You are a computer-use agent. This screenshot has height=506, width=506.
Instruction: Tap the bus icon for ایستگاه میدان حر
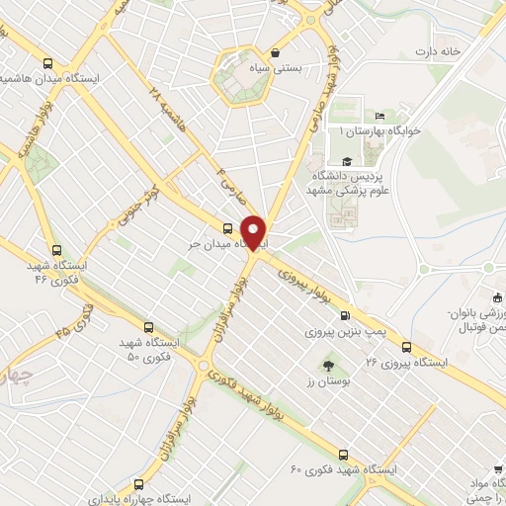click(229, 228)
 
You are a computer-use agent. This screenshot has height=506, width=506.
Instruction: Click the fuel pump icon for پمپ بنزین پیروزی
click(344, 316)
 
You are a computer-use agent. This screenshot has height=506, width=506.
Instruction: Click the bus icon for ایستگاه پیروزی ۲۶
click(407, 346)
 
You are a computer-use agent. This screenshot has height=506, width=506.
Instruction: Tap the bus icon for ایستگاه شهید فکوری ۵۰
click(148, 327)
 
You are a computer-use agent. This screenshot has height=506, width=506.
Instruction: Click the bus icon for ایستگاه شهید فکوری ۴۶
click(56, 251)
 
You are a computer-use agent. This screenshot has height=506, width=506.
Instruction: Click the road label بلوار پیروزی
click(307, 281)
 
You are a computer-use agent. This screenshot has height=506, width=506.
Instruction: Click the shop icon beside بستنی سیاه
click(275, 55)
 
